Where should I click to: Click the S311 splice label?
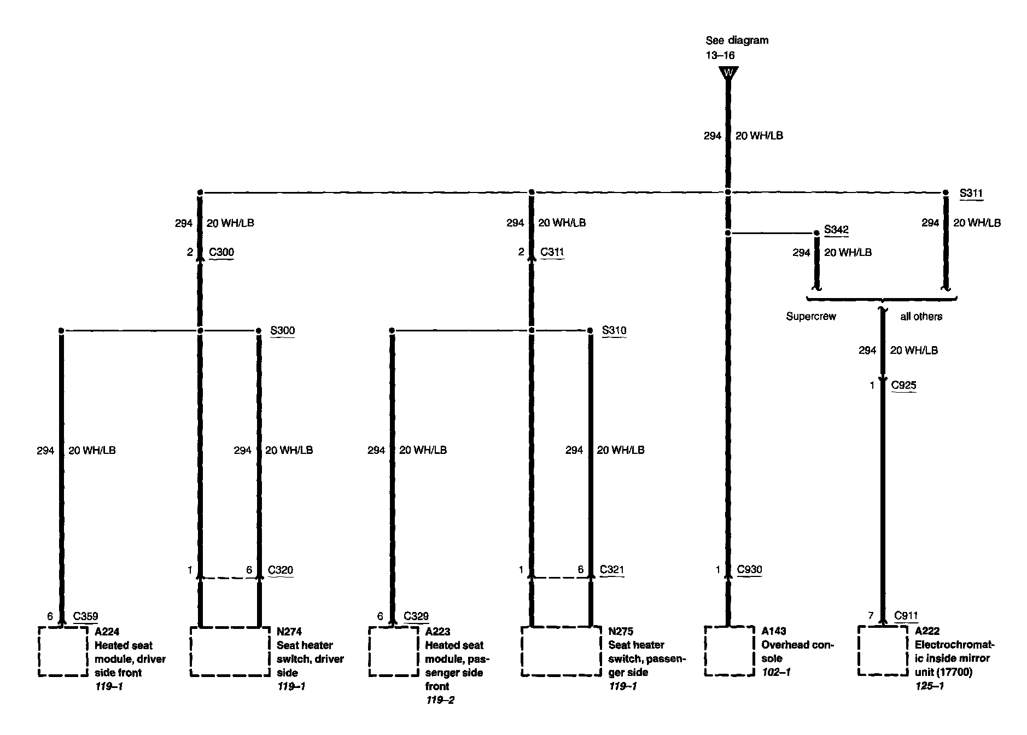pyautogui.click(x=971, y=193)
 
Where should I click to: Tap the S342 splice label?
pyautogui.click(x=836, y=230)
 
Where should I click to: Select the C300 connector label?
pyautogui.click(x=221, y=252)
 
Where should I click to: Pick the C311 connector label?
pyautogui.click(x=552, y=252)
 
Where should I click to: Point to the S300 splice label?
pyautogui.click(x=282, y=330)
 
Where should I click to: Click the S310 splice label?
pyautogui.click(x=614, y=330)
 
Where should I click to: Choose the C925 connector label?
pyautogui.click(x=903, y=385)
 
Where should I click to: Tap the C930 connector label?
pyautogui.click(x=749, y=569)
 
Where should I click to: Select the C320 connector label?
pyautogui.click(x=281, y=570)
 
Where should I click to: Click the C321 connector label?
pyautogui.click(x=612, y=569)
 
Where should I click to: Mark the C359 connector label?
pyautogui.click(x=85, y=616)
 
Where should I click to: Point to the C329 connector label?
pyautogui.click(x=416, y=616)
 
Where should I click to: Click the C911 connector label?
pyautogui.click(x=906, y=616)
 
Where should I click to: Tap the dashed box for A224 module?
pyautogui.click(x=63, y=651)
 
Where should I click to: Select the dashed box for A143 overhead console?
pyautogui.click(x=728, y=651)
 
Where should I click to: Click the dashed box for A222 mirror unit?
pyautogui.click(x=882, y=651)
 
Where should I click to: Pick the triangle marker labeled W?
pyautogui.click(x=728, y=73)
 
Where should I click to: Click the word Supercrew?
pyautogui.click(x=811, y=316)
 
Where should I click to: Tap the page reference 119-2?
pyautogui.click(x=440, y=700)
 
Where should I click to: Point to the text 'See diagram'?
pyautogui.click(x=737, y=40)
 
